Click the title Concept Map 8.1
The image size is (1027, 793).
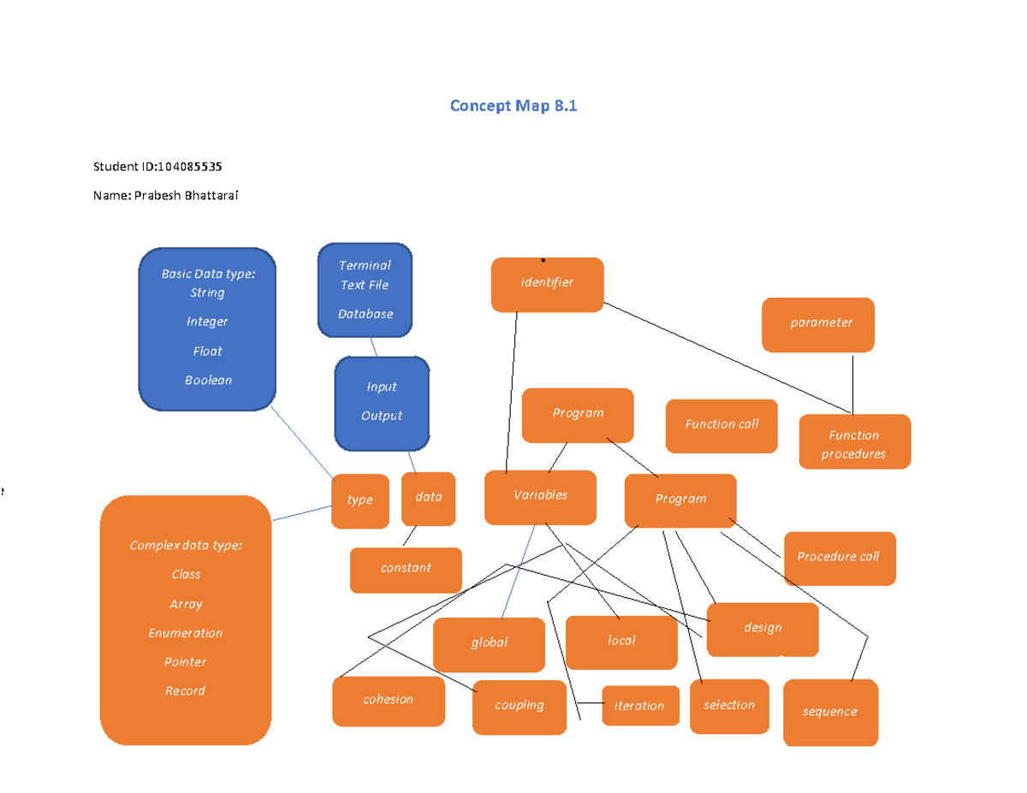pyautogui.click(x=513, y=106)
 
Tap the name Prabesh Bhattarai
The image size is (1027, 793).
pyautogui.click(x=185, y=195)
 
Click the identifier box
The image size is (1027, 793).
pyautogui.click(x=547, y=283)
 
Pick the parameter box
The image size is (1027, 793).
pyautogui.click(x=818, y=323)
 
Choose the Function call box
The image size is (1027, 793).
pyautogui.click(x=721, y=424)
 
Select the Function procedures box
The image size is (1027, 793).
pyautogui.click(x=854, y=443)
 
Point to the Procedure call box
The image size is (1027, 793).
pyautogui.click(x=839, y=557)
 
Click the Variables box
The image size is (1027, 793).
pyautogui.click(x=540, y=496)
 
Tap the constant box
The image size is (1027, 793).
pyautogui.click(x=406, y=569)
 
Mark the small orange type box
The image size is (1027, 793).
pyautogui.click(x=359, y=500)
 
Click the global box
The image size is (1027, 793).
pyautogui.click(x=489, y=643)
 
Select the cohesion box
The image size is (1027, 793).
pyautogui.click(x=388, y=700)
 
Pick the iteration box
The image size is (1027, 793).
pyautogui.click(x=639, y=706)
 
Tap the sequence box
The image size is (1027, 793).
pyautogui.click(x=829, y=712)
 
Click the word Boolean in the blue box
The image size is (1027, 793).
pyautogui.click(x=208, y=381)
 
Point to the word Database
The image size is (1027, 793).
pyautogui.click(x=365, y=314)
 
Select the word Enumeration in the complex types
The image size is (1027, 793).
pyautogui.click(x=185, y=633)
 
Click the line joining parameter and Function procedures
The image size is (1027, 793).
pyautogui.click(x=852, y=383)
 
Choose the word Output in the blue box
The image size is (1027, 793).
pyautogui.click(x=382, y=416)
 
